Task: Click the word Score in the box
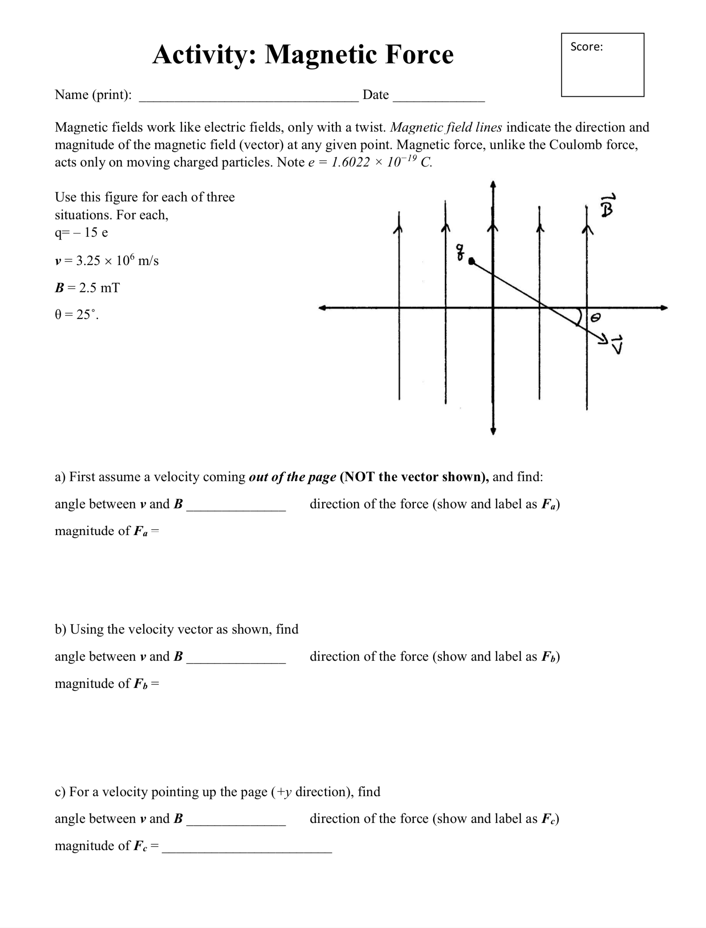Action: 585,47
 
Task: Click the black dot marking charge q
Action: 472,261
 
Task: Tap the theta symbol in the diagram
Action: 595,319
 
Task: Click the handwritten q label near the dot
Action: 461,252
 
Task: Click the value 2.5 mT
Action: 99,288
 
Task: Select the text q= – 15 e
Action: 81,232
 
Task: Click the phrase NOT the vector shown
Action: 414,477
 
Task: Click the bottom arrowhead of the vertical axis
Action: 493,431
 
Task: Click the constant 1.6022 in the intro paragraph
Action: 350,162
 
